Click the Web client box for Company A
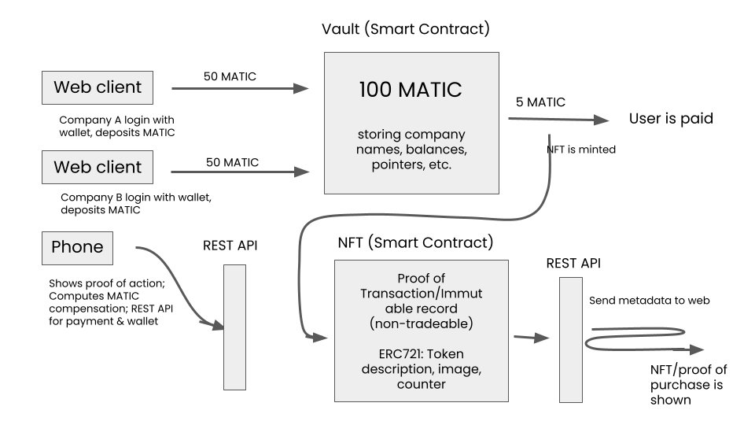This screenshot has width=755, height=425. (98, 87)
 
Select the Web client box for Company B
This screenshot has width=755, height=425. (98, 168)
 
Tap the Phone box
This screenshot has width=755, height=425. (77, 247)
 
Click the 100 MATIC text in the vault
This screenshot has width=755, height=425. (411, 90)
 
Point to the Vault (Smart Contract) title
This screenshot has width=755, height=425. (406, 30)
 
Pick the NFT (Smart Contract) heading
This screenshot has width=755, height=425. (414, 242)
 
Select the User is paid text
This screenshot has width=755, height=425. (671, 120)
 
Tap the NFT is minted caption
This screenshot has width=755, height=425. (580, 147)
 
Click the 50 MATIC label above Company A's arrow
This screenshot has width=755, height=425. (230, 76)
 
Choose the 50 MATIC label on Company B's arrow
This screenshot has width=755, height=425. (233, 162)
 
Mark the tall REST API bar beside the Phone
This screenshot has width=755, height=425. (234, 327)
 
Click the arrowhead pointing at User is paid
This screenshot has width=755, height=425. (602, 120)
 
